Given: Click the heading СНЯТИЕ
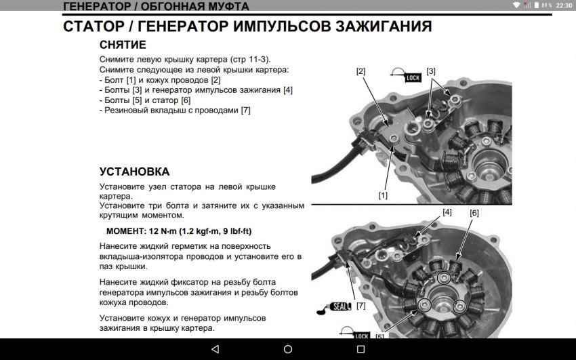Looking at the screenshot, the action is click(123, 45).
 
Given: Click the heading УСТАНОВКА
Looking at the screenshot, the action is click(134, 172).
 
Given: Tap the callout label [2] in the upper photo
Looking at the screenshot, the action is click(361, 71).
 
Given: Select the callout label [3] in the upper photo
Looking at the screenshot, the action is click(431, 71).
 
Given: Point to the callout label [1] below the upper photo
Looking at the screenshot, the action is click(383, 195).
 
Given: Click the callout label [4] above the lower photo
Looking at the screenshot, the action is click(447, 212).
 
